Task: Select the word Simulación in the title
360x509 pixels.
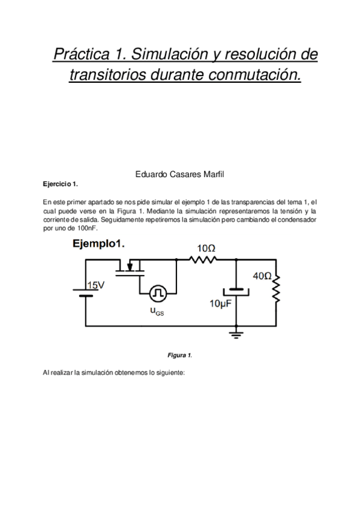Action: (x=163, y=55)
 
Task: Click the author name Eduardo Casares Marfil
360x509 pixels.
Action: (x=180, y=175)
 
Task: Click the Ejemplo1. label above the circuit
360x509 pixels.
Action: (x=98, y=244)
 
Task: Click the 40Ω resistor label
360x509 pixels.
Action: (x=262, y=276)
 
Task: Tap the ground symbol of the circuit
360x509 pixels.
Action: (x=237, y=333)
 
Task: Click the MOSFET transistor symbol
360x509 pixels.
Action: (x=130, y=268)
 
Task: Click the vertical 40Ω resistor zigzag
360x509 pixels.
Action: (x=277, y=290)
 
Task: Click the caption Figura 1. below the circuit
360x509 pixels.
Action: (x=180, y=355)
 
